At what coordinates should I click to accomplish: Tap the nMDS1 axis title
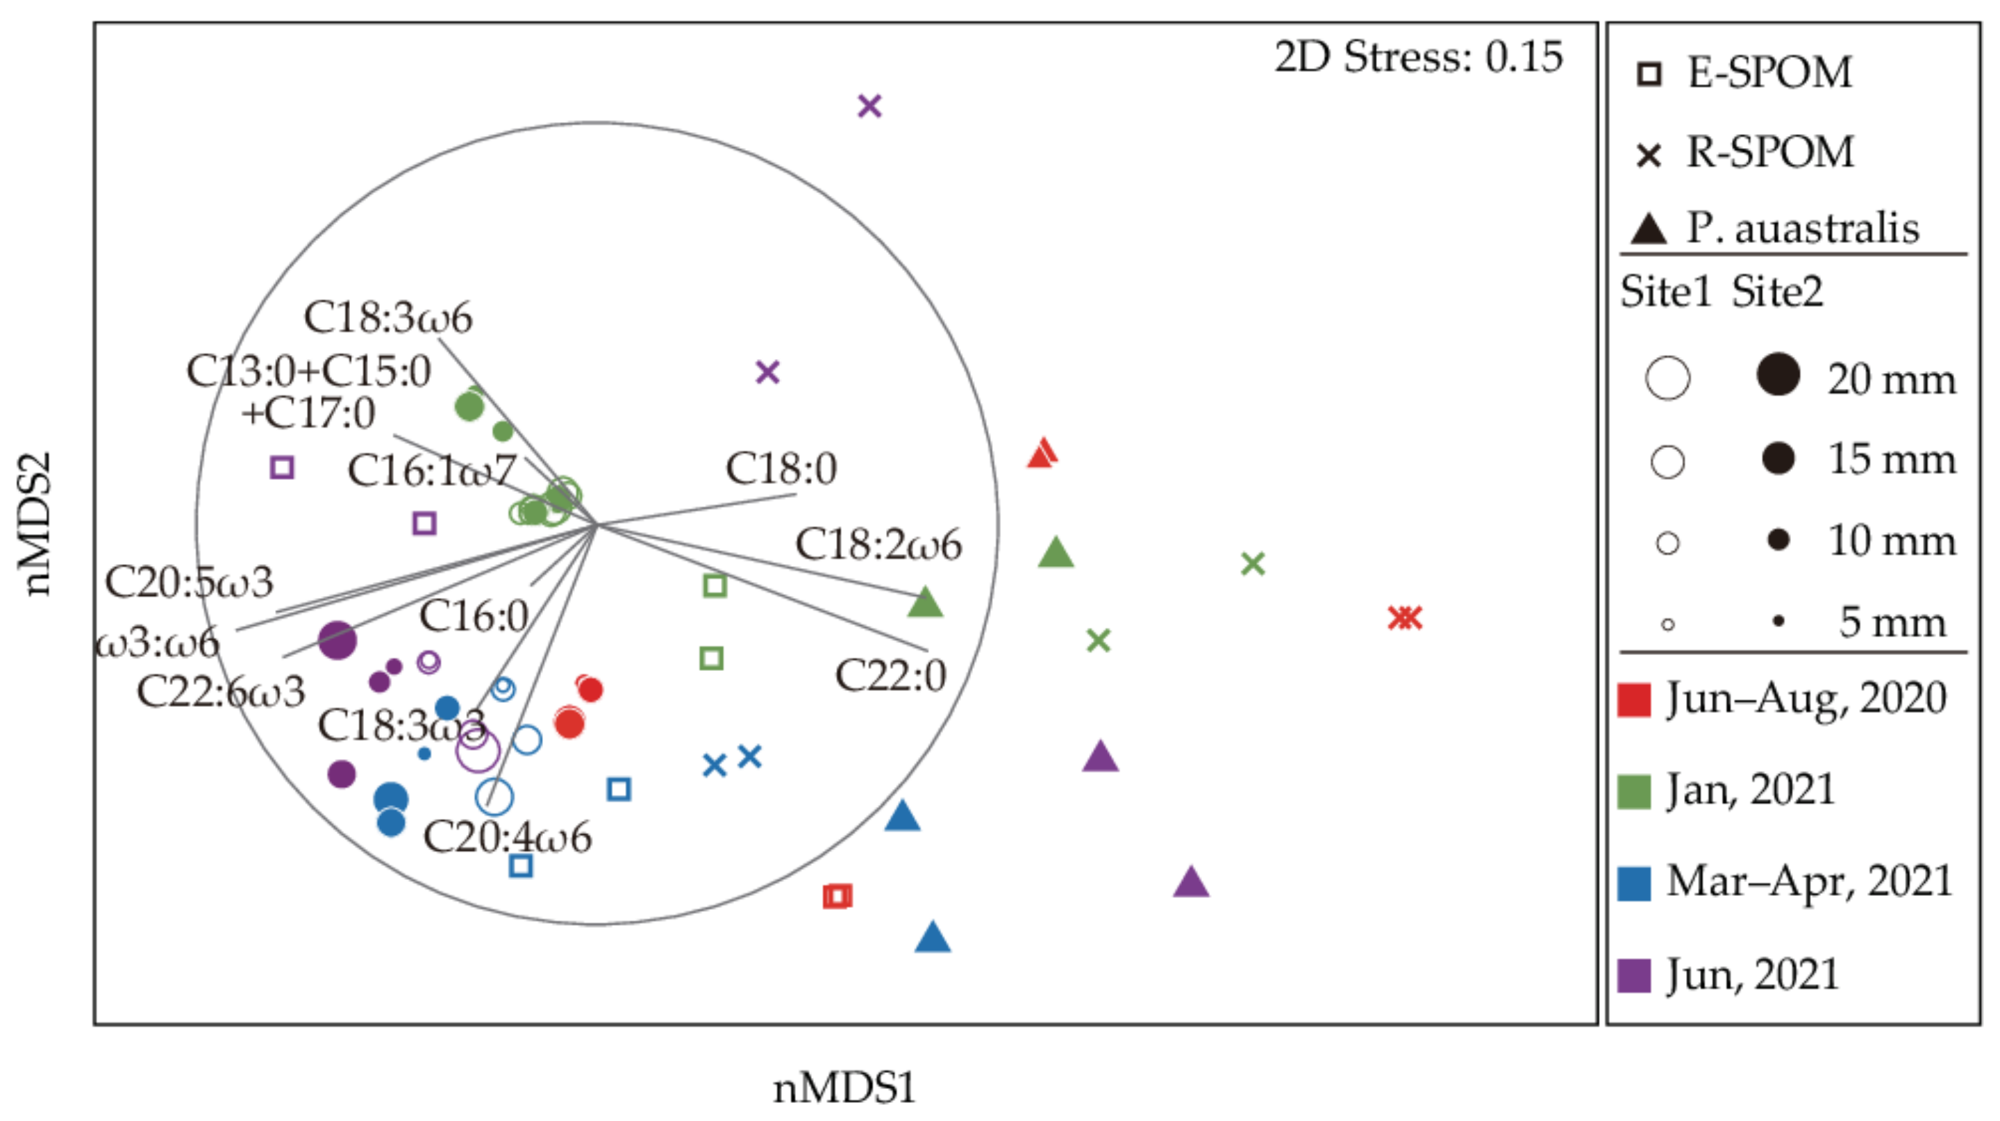click(x=844, y=1088)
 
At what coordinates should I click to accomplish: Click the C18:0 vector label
click(x=781, y=468)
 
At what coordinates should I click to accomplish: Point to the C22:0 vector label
click(x=890, y=674)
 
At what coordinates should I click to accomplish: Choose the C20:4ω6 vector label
click(x=507, y=837)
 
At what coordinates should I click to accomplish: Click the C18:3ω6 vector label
click(x=387, y=317)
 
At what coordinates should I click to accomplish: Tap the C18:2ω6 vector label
click(x=878, y=545)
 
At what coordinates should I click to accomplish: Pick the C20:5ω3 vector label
click(x=190, y=582)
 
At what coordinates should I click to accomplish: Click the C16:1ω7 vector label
click(x=432, y=470)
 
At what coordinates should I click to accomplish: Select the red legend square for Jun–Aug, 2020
click(x=1633, y=699)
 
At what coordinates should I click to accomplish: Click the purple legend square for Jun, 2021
click(x=1633, y=976)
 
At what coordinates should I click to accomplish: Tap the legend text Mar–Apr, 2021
click(x=1809, y=882)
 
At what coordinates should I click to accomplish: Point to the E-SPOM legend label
click(x=1769, y=72)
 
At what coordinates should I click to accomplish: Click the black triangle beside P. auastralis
click(x=1649, y=229)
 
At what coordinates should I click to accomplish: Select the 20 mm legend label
click(x=1891, y=380)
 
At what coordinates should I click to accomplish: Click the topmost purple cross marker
click(x=869, y=106)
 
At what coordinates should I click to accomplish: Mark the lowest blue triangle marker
click(x=933, y=938)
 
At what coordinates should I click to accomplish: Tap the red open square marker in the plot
click(x=837, y=896)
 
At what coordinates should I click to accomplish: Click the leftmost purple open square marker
click(x=282, y=467)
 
